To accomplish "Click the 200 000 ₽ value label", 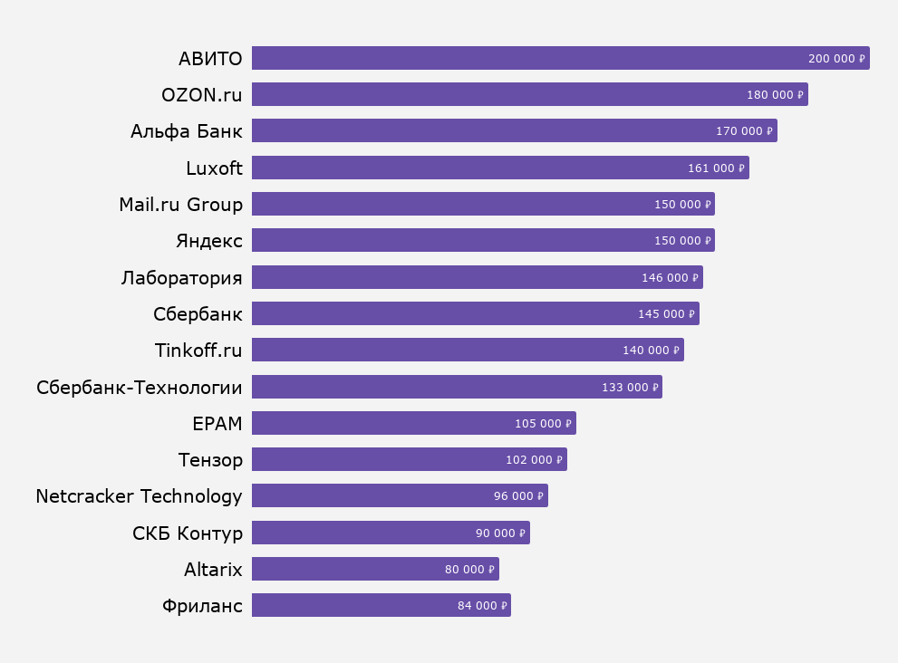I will pyautogui.click(x=836, y=59).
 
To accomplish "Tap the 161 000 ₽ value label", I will pyautogui.click(x=716, y=168).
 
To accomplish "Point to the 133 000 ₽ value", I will pyautogui.click(x=631, y=387).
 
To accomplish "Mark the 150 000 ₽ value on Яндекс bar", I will pyautogui.click(x=682, y=241).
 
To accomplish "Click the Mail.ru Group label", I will pyautogui.click(x=180, y=204).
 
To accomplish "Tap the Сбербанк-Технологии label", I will pyautogui.click(x=140, y=388).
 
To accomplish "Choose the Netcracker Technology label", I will pyautogui.click(x=139, y=496).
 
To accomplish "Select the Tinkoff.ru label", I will pyautogui.click(x=198, y=350).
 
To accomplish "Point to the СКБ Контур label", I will pyautogui.click(x=188, y=533).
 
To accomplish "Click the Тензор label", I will pyautogui.click(x=210, y=460).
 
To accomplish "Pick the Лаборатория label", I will pyautogui.click(x=181, y=277).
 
